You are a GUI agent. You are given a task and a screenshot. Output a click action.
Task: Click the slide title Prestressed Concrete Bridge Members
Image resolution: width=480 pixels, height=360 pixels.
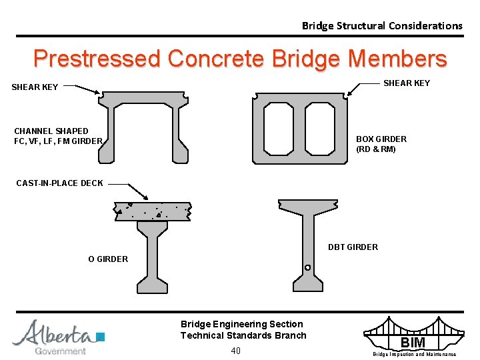coord(240,59)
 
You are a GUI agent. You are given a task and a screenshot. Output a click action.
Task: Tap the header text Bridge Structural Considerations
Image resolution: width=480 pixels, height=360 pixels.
coord(382,26)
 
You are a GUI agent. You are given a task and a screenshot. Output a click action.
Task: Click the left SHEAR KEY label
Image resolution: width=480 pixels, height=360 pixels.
coord(35,87)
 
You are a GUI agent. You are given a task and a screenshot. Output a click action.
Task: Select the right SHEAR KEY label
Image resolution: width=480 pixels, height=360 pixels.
coord(406,83)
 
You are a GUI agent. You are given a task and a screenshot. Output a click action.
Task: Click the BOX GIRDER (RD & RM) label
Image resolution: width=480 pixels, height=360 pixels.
coord(381,144)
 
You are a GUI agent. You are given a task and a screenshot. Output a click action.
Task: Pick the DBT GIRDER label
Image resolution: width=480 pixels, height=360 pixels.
coord(353,247)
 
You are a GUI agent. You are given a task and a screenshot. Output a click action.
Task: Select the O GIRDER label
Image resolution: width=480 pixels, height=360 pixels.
coord(108,259)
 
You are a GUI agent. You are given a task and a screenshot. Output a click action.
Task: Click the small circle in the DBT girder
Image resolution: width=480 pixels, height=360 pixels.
coord(307,268)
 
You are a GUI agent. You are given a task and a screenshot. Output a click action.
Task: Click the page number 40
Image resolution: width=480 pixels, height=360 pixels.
coord(235,351)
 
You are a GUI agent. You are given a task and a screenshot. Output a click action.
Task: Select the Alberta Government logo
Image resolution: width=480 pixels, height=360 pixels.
coord(58,337)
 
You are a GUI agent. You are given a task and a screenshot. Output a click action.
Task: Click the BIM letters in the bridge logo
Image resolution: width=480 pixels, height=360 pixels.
coord(412,343)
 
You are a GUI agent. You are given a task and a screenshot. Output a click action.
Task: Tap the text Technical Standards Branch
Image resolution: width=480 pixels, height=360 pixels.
coord(243,335)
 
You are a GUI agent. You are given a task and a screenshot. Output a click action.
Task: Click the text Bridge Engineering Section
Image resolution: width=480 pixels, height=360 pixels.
coord(241,324)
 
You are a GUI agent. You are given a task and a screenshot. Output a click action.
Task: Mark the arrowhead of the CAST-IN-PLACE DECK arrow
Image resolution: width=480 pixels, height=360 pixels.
coord(147,197)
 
